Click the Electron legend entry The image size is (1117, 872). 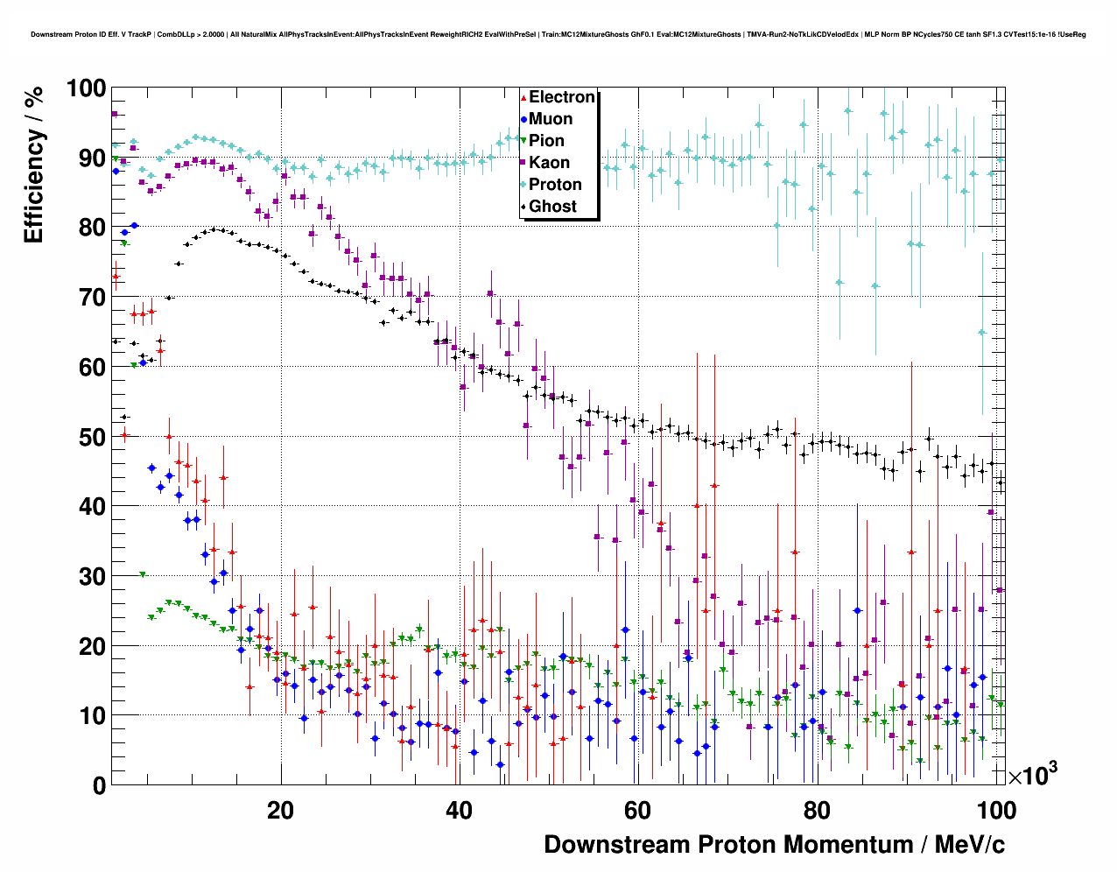[x=561, y=97]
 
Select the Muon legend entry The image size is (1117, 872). [x=551, y=119]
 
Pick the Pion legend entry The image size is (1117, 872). [x=546, y=141]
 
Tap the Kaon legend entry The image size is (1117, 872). [x=549, y=163]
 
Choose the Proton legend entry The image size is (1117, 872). [x=555, y=185]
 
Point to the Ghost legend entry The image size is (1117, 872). [x=552, y=207]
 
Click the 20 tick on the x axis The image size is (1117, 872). [x=280, y=810]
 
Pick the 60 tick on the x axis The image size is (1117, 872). [x=637, y=810]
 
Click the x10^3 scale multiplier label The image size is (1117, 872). [x=1032, y=774]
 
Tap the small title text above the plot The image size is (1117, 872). [x=558, y=34]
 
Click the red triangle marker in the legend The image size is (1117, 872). [x=523, y=97]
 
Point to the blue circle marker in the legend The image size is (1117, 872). [x=523, y=119]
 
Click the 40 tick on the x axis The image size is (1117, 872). [x=459, y=810]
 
